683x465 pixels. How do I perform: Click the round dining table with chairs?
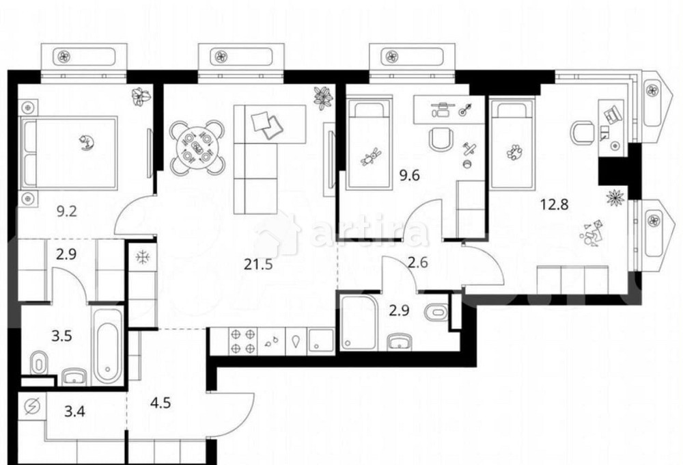point(197,147)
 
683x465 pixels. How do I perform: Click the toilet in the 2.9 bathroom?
point(434,313)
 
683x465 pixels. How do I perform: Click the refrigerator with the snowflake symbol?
point(143,257)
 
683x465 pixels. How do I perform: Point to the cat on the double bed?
point(87,142)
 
